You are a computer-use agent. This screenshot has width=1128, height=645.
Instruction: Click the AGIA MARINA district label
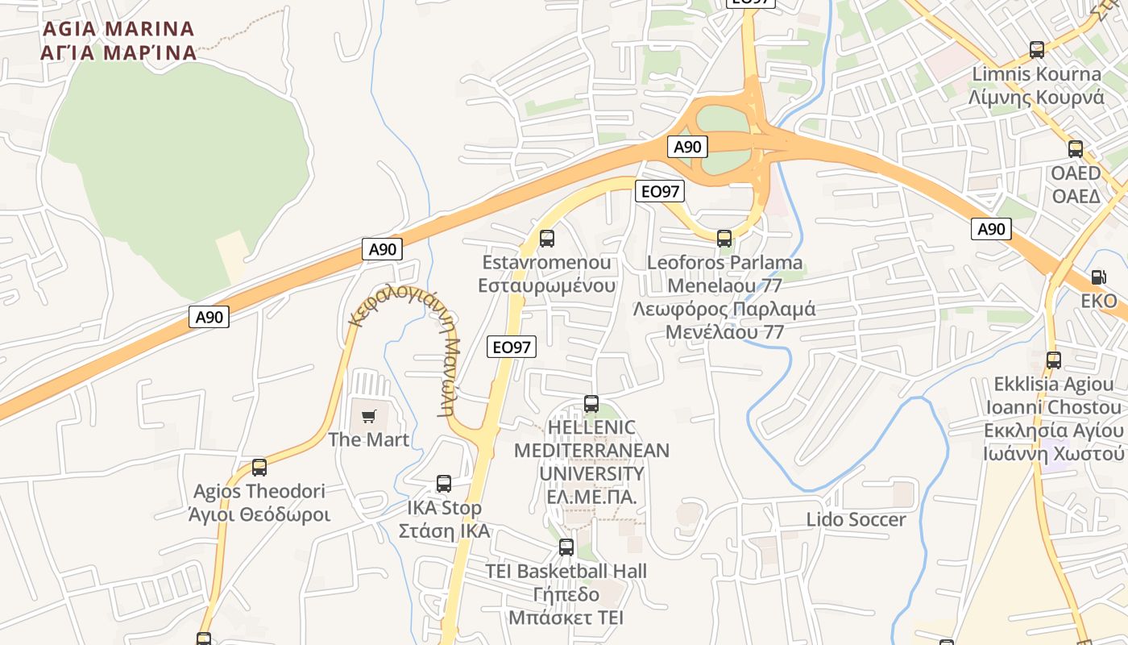(x=118, y=40)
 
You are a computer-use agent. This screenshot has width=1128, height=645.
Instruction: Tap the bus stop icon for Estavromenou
(x=547, y=239)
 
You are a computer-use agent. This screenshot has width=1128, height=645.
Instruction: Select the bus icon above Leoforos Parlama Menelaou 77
(x=724, y=239)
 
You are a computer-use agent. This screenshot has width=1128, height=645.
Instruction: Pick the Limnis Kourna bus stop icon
(x=1037, y=50)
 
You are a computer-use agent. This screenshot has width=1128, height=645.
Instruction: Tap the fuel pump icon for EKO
(x=1098, y=277)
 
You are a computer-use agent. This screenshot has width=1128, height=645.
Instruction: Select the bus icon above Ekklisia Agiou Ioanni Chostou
(x=1054, y=360)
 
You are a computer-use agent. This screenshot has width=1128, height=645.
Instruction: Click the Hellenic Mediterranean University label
(x=591, y=462)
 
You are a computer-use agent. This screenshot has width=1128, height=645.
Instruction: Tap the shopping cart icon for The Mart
(x=369, y=416)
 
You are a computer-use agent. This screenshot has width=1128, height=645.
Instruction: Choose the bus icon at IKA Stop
(x=444, y=484)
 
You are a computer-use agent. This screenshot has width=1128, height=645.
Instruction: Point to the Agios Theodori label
(x=259, y=491)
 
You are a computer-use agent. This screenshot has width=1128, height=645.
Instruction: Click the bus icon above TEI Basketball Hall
(x=566, y=547)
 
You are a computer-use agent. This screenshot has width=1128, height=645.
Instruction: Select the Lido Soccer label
(x=856, y=520)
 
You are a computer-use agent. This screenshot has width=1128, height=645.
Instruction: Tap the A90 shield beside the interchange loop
(x=687, y=147)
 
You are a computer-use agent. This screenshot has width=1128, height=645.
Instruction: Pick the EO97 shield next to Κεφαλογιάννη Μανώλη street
(x=512, y=347)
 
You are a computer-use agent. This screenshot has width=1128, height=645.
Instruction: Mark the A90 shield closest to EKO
(x=991, y=229)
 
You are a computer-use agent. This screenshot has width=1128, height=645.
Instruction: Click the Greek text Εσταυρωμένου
(x=547, y=285)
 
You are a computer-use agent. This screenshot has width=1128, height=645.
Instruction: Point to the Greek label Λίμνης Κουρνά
(x=1036, y=98)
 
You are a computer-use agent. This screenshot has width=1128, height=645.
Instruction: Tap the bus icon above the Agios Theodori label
(x=259, y=468)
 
